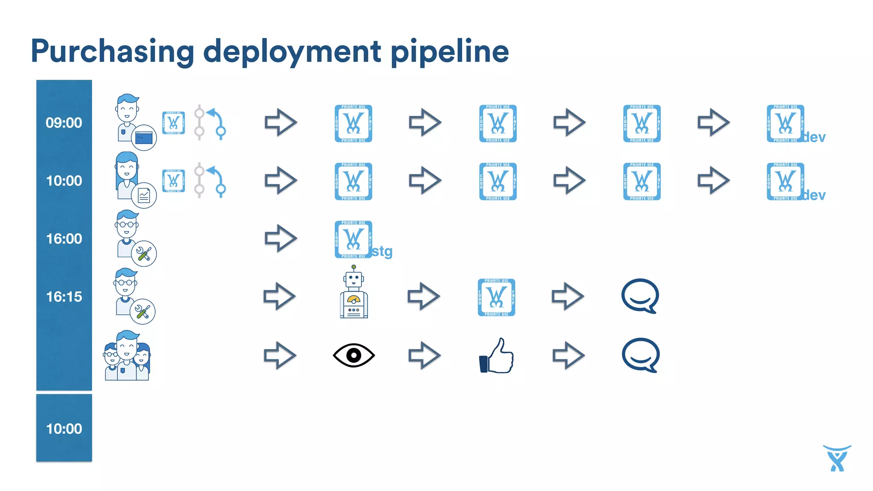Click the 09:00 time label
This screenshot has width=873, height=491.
(64, 123)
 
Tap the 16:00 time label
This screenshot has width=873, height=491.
(64, 239)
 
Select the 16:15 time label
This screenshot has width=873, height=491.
(64, 297)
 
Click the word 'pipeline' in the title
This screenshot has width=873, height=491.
(450, 52)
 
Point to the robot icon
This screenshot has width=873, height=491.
(354, 292)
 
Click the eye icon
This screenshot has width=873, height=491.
(354, 355)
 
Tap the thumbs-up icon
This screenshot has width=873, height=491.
(497, 356)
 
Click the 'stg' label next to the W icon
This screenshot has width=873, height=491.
(382, 251)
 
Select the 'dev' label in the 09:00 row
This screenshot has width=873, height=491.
(814, 137)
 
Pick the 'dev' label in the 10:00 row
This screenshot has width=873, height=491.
(814, 195)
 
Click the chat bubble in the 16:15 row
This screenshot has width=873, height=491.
(640, 296)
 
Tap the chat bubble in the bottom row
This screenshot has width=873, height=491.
(641, 355)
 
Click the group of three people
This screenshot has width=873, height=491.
(127, 356)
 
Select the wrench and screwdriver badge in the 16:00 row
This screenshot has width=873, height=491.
(144, 254)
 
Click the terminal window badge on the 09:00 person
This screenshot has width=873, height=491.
(144, 138)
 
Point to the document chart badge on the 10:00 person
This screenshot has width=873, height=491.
(144, 196)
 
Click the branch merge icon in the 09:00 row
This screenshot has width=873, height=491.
(210, 123)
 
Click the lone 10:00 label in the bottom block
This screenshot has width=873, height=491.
(64, 429)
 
